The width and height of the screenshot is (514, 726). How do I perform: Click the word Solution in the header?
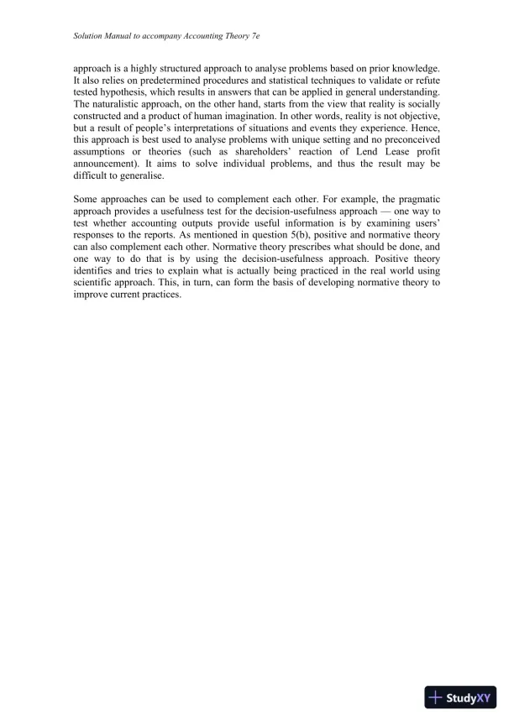click(88, 37)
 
